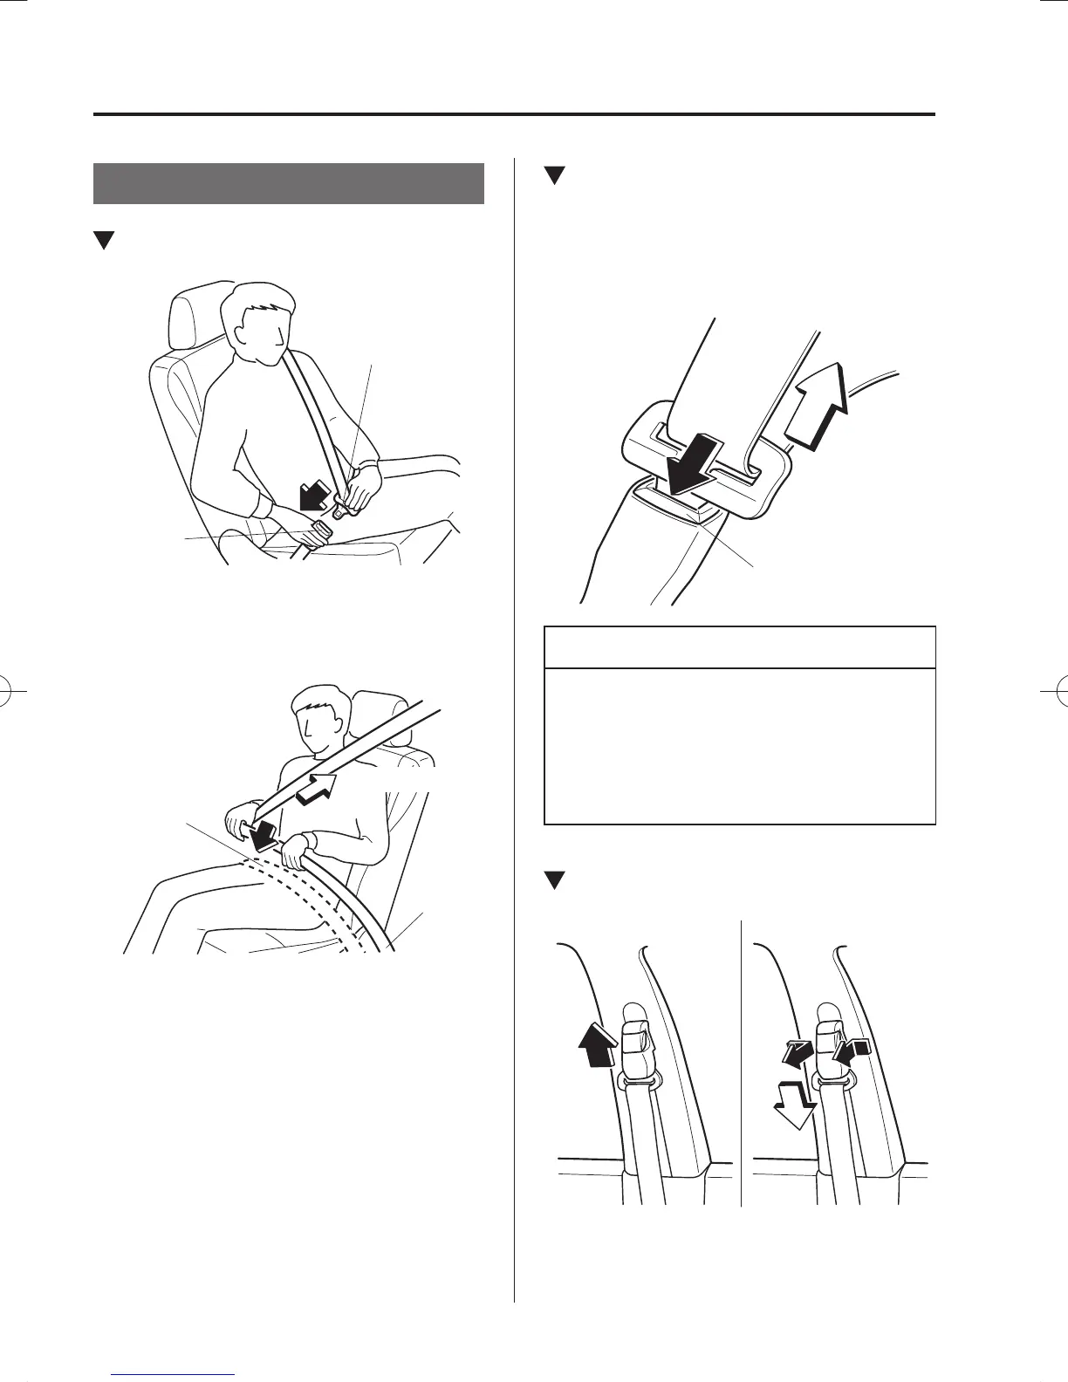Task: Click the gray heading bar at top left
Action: pos(288,183)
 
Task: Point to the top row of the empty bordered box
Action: pos(740,647)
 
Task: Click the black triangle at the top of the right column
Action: pos(551,175)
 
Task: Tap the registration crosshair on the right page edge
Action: pos(1056,691)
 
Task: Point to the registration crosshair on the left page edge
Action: pos(12,691)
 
